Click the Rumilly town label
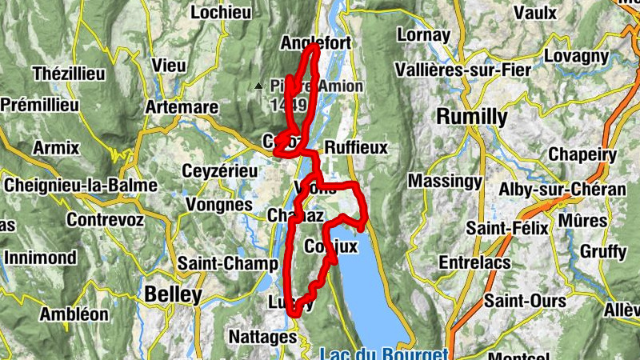pyautogui.click(x=471, y=117)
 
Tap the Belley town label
pyautogui.click(x=173, y=295)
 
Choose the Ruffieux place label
pyautogui.click(x=356, y=148)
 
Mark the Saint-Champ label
pyautogui.click(x=216, y=262)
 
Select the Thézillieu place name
pyautogui.click(x=69, y=74)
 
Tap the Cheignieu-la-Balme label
pyautogui.click(x=81, y=186)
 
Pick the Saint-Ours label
pyautogui.click(x=525, y=302)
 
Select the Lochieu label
pyautogui.click(x=222, y=12)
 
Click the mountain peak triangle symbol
pyautogui.click(x=258, y=86)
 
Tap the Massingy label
pyautogui.click(x=445, y=182)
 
